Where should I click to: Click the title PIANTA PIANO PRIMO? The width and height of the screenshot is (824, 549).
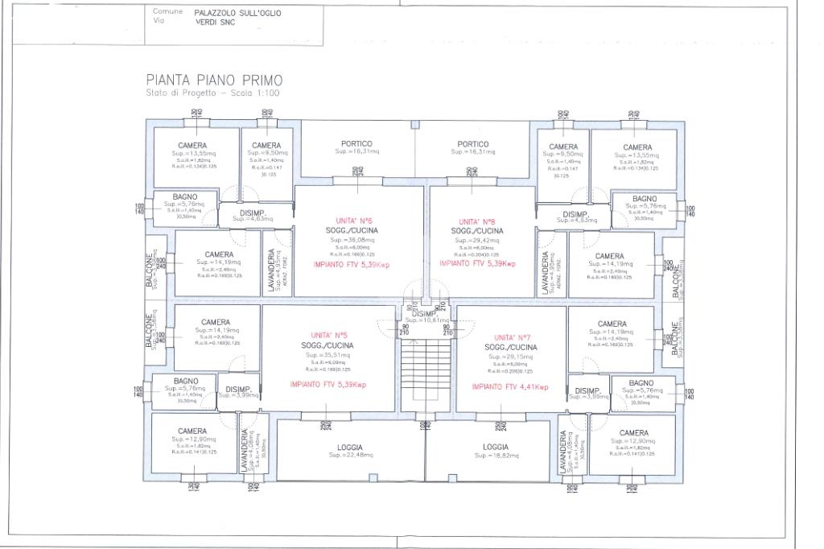coord(214,80)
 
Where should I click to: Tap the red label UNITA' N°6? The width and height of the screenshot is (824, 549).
coord(353,221)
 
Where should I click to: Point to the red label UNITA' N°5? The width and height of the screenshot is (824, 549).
coord(329,336)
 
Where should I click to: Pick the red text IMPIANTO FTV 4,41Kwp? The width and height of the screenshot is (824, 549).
coord(510,387)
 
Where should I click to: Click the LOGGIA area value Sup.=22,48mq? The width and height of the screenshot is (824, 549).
coord(350,455)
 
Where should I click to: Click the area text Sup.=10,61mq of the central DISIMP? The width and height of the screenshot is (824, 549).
coord(423,320)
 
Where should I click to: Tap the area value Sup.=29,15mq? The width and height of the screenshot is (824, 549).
coord(513,356)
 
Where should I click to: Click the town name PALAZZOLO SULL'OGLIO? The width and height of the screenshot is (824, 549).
coord(238,13)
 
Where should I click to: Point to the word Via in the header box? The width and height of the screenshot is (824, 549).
coord(159,22)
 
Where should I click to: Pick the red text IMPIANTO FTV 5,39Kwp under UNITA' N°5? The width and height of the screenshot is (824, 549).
coord(328,385)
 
